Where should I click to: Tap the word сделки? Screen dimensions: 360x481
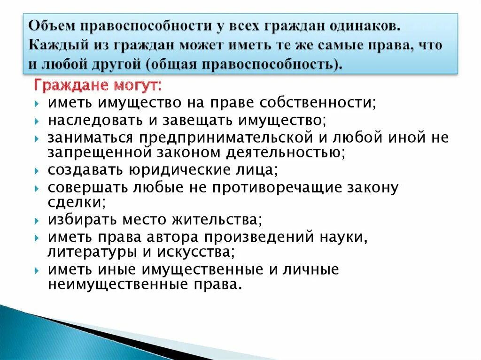click(76, 202)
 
